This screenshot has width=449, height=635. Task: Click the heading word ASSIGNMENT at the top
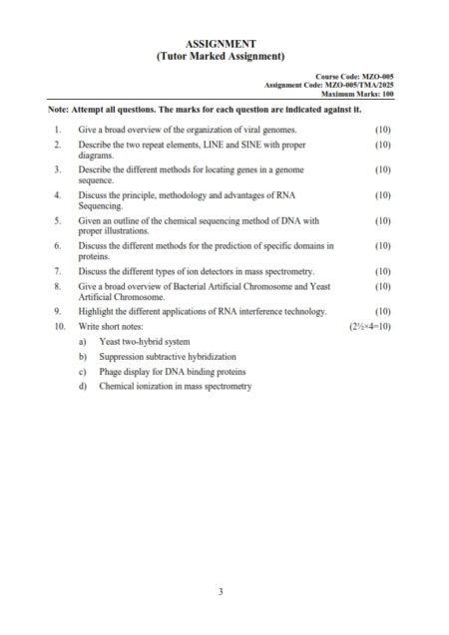[221, 44]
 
